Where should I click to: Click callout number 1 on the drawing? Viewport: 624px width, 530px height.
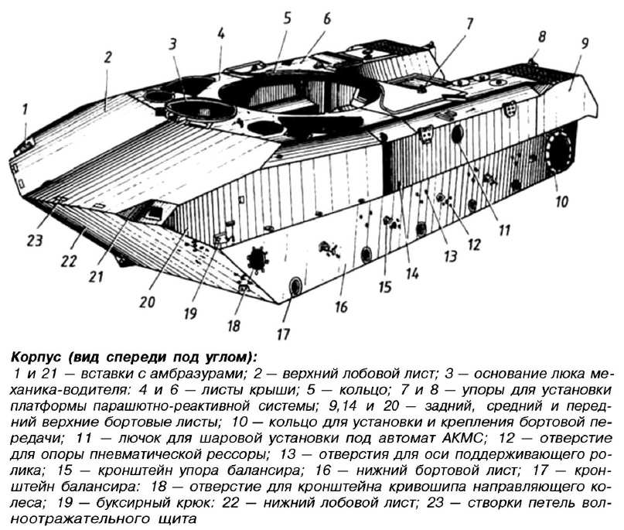tap(25, 109)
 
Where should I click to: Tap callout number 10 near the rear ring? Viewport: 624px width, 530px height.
tap(561, 201)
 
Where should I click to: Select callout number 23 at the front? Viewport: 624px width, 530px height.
tap(35, 240)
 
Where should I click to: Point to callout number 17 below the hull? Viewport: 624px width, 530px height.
tap(283, 333)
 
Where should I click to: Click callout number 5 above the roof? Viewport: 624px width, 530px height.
tap(288, 19)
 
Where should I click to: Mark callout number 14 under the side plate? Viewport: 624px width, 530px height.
tap(412, 273)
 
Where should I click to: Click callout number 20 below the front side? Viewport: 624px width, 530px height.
tap(147, 302)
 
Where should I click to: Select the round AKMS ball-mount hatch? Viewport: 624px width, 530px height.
tap(457, 133)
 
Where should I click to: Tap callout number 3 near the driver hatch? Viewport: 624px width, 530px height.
tap(172, 45)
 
